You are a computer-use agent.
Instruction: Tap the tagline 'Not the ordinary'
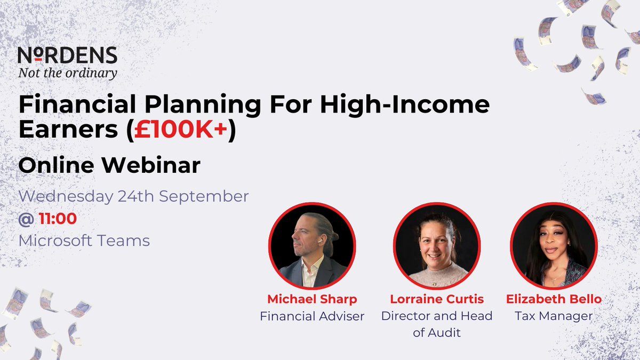click(67, 73)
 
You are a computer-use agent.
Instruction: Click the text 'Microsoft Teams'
click(84, 241)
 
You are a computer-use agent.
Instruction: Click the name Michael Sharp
click(311, 299)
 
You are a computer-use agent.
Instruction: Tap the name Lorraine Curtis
click(436, 299)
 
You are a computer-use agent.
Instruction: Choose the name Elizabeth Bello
click(554, 299)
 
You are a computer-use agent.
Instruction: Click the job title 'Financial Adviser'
click(311, 316)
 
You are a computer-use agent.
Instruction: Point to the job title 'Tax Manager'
click(554, 316)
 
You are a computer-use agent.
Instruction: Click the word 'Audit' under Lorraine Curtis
click(447, 333)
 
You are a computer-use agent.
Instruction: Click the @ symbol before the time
click(26, 218)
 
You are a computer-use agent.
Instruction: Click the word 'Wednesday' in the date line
click(65, 196)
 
